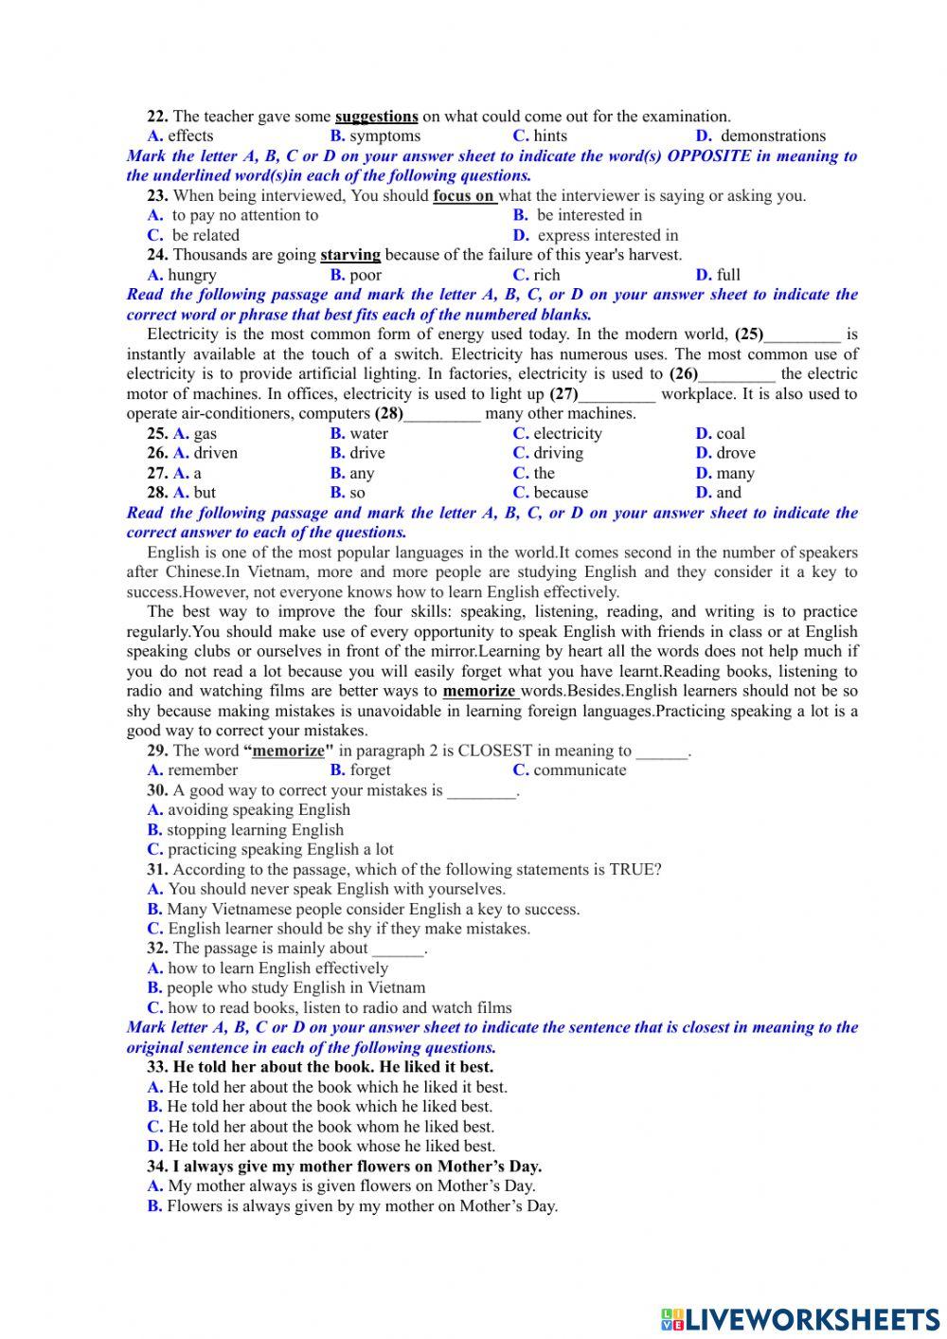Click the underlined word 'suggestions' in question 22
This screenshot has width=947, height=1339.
[376, 117]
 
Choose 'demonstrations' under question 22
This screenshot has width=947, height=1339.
[773, 136]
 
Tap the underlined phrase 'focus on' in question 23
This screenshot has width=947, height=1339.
[463, 196]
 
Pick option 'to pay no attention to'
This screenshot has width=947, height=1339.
[244, 215]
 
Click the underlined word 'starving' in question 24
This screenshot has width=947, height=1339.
[350, 255]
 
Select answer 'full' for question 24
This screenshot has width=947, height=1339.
[727, 275]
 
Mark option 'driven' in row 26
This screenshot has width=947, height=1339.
[215, 453]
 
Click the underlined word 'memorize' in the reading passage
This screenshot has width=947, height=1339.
[478, 691]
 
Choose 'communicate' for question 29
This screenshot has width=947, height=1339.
[579, 770]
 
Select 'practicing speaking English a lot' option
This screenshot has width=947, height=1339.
[279, 850]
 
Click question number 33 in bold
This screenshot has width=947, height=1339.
[157, 1067]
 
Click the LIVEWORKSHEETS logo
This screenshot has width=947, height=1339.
[801, 1318]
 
